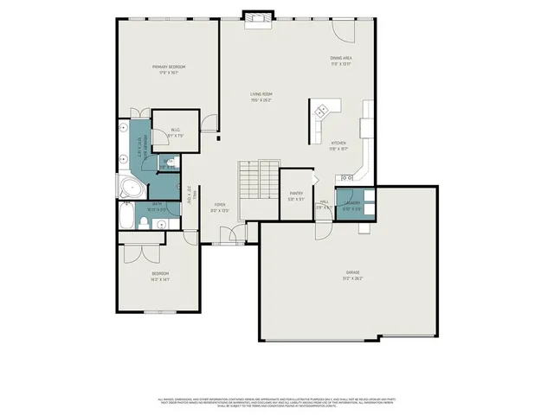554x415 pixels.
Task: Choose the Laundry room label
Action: coord(351,204)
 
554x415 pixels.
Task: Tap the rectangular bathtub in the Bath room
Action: coord(126,218)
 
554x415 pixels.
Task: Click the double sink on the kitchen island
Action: coord(322,110)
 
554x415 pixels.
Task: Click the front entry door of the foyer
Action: coord(229,234)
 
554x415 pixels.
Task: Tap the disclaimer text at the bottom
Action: coord(277,402)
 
